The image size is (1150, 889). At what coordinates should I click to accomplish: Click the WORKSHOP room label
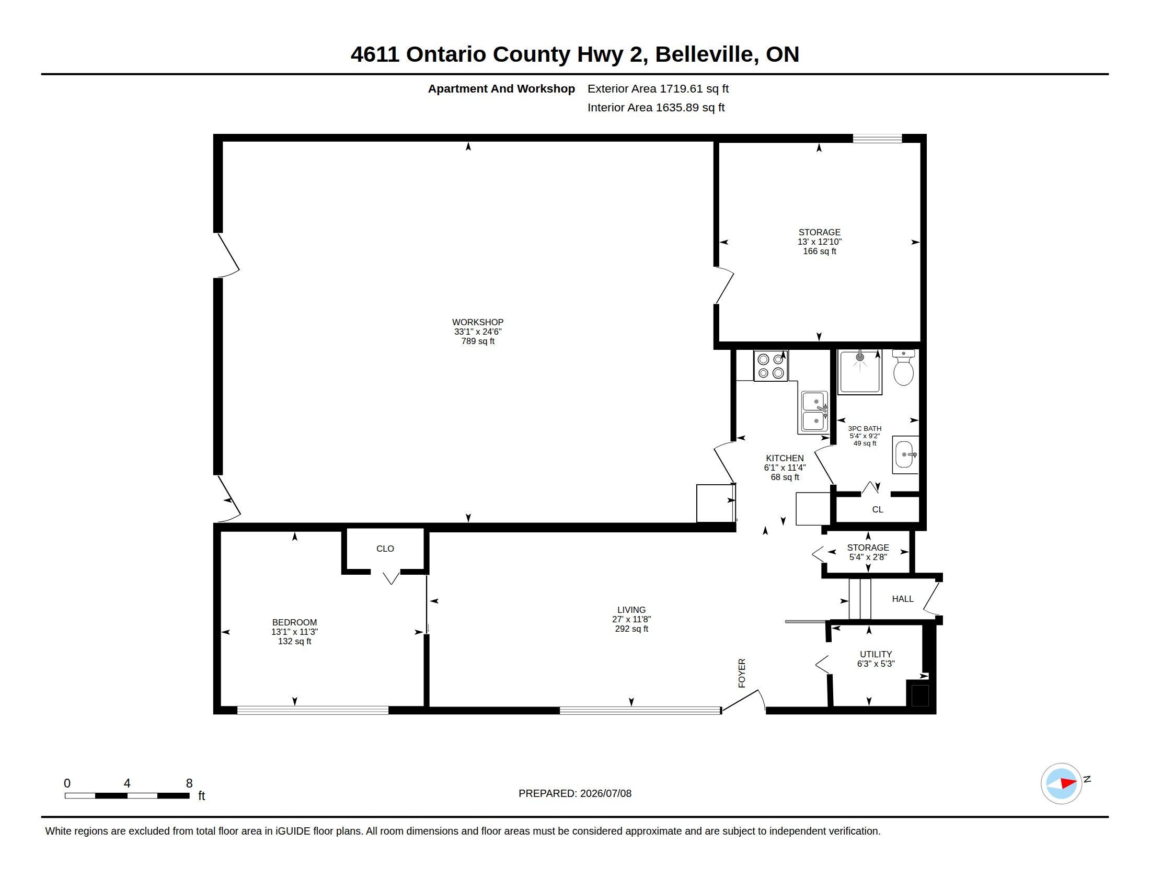point(478,322)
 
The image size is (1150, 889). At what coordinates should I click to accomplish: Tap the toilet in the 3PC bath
point(904,367)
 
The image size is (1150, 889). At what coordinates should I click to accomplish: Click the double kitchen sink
point(814,413)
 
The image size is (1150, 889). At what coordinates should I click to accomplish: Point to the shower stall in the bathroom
point(860,372)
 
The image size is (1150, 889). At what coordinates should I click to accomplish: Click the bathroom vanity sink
point(906,454)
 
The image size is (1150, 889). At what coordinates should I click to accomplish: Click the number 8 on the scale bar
point(190,783)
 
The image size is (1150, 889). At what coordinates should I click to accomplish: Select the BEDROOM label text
point(294,622)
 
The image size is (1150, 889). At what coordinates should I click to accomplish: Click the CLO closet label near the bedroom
point(385,548)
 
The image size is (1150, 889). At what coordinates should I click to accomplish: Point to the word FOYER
point(742,673)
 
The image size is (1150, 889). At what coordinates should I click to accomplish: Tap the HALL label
point(903,599)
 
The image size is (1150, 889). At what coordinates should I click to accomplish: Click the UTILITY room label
point(876,654)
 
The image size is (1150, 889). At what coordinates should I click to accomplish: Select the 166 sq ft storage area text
point(819,251)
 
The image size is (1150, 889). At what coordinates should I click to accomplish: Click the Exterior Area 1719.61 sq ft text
point(658,88)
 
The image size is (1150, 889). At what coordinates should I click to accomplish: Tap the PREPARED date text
point(575,793)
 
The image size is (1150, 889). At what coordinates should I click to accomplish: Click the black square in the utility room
point(920,695)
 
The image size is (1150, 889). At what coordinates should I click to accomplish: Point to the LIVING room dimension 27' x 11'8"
point(631,619)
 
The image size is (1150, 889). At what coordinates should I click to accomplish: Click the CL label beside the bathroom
point(877,509)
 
